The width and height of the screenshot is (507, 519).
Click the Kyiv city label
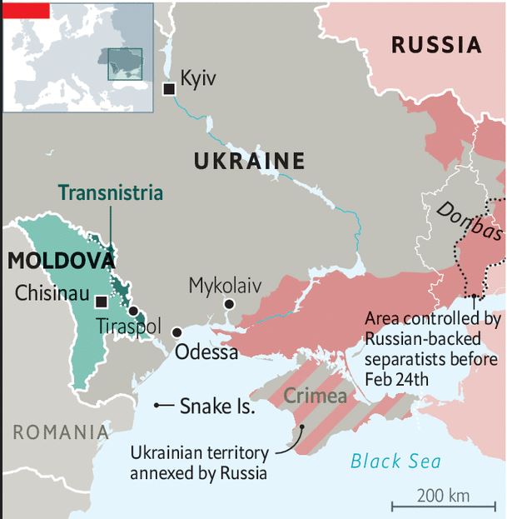[198, 79]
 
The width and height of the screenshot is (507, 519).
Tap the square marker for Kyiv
[169, 88]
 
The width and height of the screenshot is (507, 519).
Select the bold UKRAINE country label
[249, 161]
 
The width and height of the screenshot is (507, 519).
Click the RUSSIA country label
[436, 45]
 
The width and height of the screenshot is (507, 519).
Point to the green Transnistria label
[111, 193]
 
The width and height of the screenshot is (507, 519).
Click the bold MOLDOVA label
[60, 261]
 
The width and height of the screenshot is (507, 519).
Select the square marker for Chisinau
[102, 302]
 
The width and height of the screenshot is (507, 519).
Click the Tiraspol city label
[127, 326]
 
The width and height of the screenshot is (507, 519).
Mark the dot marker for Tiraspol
[133, 311]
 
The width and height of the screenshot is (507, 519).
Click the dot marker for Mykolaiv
[229, 305]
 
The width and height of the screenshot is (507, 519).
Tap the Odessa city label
[206, 352]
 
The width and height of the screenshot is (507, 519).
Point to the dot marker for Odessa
[176, 332]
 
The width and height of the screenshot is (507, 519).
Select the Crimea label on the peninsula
[316, 397]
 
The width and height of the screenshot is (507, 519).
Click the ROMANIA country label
[61, 432]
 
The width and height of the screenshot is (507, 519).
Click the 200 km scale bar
[443, 502]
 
